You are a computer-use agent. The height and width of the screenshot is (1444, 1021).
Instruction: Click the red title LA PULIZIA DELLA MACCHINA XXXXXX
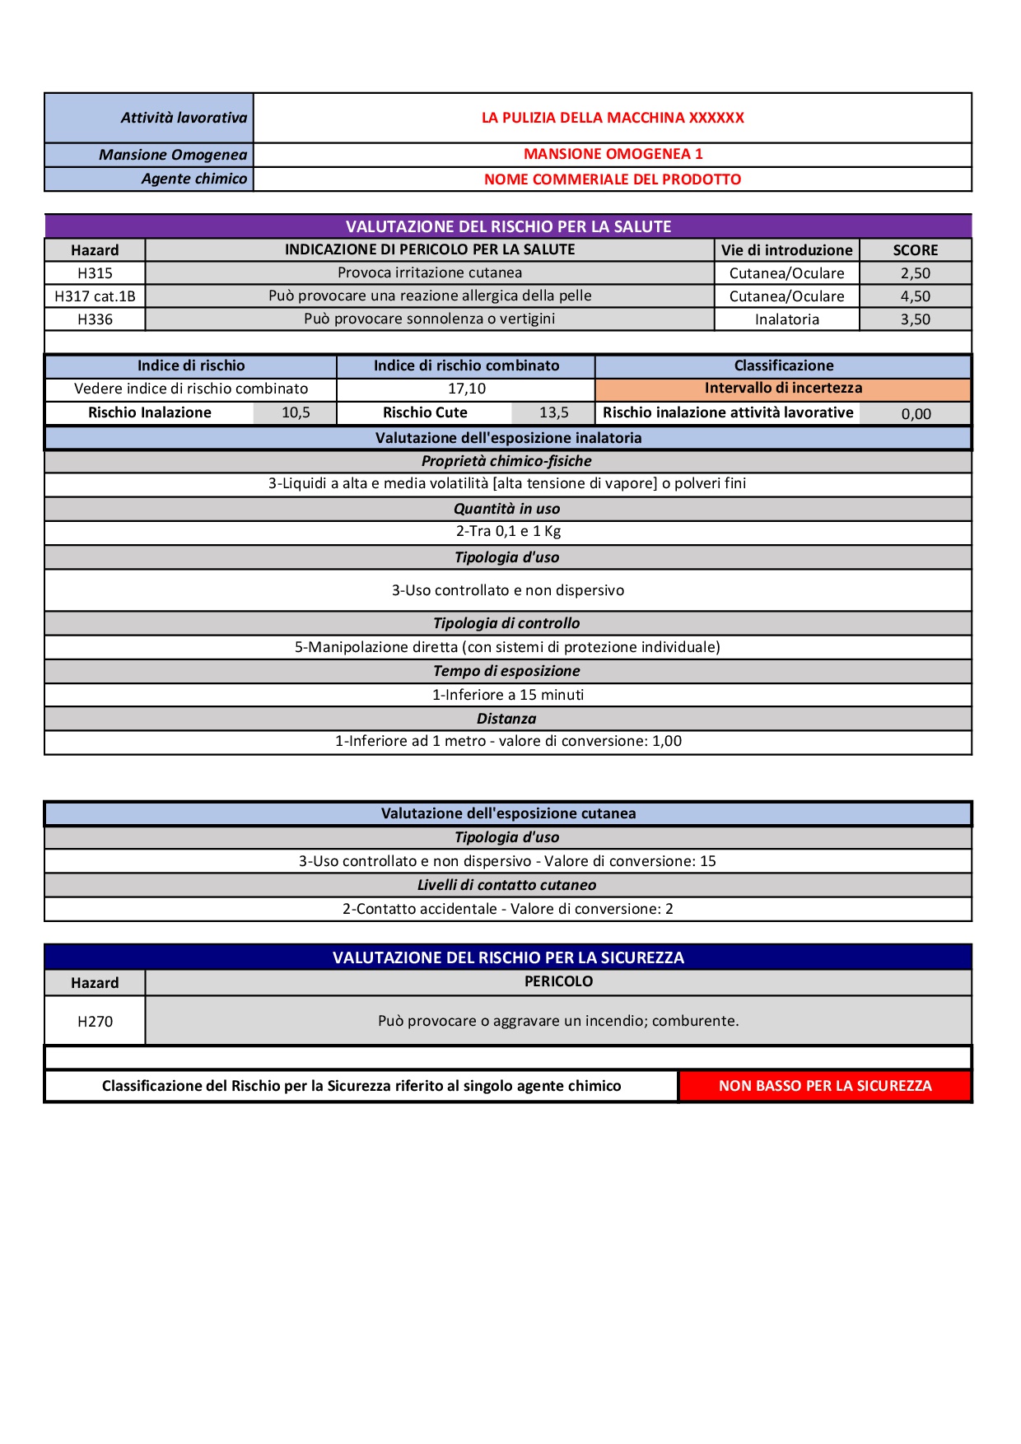coord(613,118)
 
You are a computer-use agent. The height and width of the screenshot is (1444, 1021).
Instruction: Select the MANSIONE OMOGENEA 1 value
coord(613,154)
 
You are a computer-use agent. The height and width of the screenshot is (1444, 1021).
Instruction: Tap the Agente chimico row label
coord(193,179)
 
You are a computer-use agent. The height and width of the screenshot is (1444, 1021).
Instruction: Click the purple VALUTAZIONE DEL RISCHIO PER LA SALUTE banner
coord(508,226)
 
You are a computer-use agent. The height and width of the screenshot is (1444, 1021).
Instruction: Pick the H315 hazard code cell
coord(95,273)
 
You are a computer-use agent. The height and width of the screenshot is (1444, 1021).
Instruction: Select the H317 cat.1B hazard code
coord(95,296)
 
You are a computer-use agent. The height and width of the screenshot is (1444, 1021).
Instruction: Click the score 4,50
coord(915,296)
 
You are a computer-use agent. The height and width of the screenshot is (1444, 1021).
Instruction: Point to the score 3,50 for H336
coord(915,319)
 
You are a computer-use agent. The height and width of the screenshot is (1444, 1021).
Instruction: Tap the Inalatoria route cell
coord(786,319)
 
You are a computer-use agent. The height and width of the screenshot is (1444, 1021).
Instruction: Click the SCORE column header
coord(915,250)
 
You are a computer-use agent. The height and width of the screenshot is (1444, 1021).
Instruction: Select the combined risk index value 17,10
coord(466,389)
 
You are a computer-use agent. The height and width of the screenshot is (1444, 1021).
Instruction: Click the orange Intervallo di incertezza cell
coord(783,388)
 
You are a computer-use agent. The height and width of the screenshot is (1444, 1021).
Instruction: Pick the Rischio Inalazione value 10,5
coord(296,412)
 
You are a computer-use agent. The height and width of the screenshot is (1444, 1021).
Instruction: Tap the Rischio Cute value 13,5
coord(553,412)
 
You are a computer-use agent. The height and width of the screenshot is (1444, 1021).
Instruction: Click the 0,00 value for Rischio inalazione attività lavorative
coord(916,414)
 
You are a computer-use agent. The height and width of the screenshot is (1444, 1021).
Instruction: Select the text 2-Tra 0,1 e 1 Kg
coord(508,532)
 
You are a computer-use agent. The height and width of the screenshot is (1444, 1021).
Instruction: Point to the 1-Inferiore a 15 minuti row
coord(508,695)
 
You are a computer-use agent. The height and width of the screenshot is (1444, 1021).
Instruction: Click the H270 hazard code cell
coord(95,1022)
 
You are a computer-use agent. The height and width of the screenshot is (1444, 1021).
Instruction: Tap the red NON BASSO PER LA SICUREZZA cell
coord(825,1086)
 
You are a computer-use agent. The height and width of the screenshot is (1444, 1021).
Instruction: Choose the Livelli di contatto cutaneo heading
coord(506,885)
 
